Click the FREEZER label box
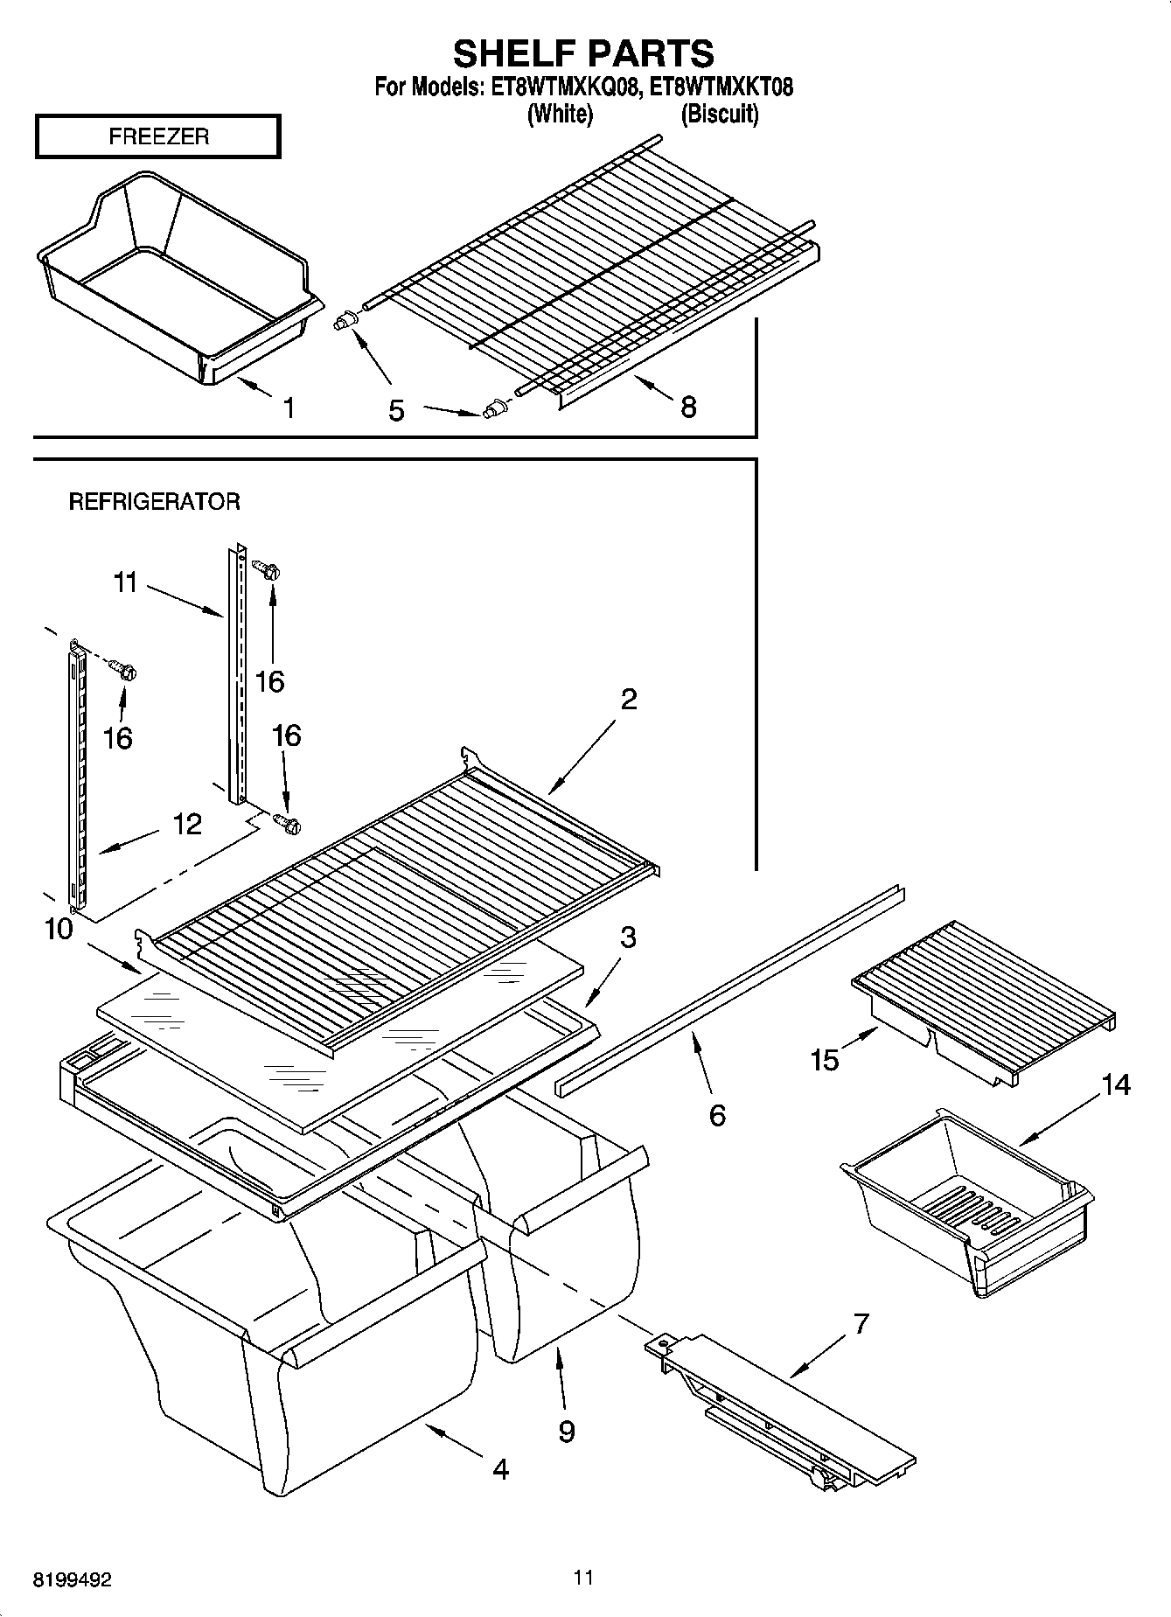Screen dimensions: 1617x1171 [157, 136]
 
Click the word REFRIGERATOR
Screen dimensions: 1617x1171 [154, 502]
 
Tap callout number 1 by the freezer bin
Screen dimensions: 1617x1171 [288, 408]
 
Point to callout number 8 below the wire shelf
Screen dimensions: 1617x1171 [688, 407]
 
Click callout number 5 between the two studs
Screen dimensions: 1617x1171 [396, 410]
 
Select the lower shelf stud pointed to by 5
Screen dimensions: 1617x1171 [494, 408]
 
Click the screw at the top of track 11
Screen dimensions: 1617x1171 [266, 570]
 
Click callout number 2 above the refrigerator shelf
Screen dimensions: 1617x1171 [629, 700]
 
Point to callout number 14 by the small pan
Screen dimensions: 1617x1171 [1115, 1085]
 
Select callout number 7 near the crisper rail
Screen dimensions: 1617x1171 [861, 1324]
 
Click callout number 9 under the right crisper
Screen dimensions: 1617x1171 [566, 1431]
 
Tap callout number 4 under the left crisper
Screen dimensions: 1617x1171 [499, 1468]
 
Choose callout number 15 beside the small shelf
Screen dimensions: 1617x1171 [824, 1060]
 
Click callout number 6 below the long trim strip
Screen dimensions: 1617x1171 [716, 1115]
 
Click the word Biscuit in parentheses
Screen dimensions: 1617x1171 [719, 114]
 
